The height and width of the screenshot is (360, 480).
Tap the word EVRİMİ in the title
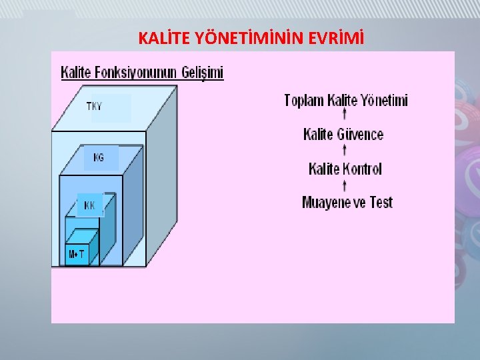(x=337, y=39)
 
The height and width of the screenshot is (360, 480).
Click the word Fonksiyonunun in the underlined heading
(x=133, y=72)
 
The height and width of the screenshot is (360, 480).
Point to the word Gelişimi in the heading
(x=202, y=72)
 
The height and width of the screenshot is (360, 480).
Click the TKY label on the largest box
(x=94, y=107)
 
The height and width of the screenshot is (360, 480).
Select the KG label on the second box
(x=99, y=158)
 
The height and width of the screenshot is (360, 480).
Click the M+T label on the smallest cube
(x=77, y=254)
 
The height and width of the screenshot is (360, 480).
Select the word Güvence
(x=360, y=135)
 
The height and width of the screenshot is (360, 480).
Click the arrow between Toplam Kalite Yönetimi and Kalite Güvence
(x=343, y=118)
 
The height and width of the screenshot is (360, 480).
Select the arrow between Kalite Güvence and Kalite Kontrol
(x=343, y=152)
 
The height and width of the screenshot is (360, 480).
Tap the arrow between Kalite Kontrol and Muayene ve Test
(x=343, y=186)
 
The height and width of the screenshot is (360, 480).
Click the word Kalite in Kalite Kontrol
(x=325, y=169)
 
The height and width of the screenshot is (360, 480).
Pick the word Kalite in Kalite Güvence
(x=319, y=135)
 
